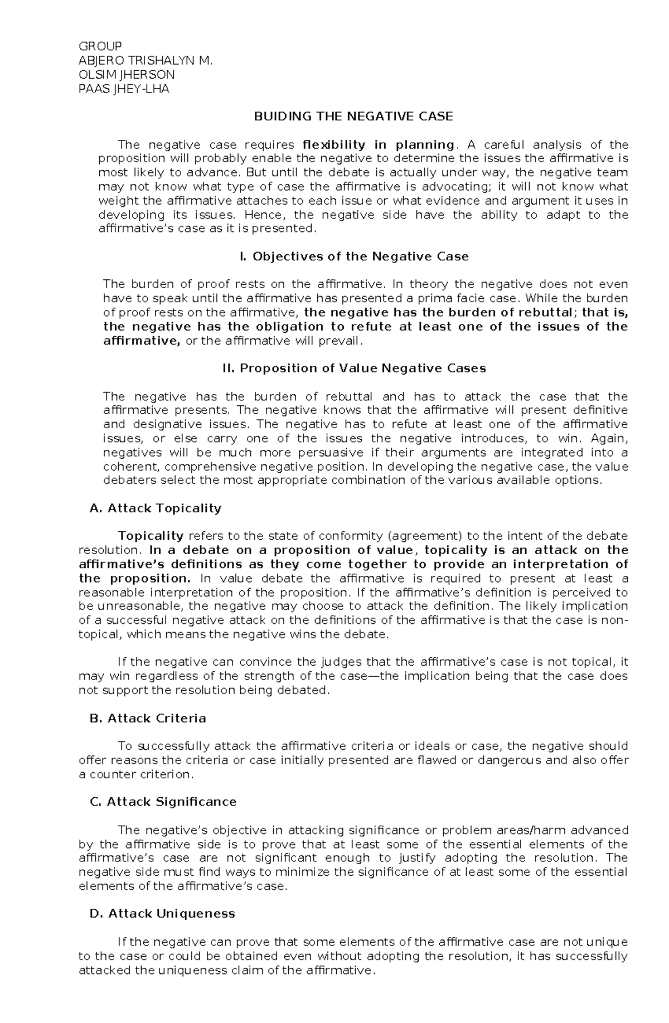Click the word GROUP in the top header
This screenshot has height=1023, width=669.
pos(101,46)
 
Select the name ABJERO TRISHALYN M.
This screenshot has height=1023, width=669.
pos(147,60)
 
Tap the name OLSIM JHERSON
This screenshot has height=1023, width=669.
pos(128,75)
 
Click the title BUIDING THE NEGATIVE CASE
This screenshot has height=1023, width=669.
pos(353,117)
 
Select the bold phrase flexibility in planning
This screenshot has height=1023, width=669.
pos(377,145)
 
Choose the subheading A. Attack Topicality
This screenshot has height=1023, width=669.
pos(156,508)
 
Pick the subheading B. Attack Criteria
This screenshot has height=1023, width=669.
pos(148,719)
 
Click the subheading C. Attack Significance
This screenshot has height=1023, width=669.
pos(163,802)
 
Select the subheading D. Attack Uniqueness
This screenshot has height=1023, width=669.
pos(162,914)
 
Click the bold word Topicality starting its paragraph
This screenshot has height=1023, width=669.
pos(151,536)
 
